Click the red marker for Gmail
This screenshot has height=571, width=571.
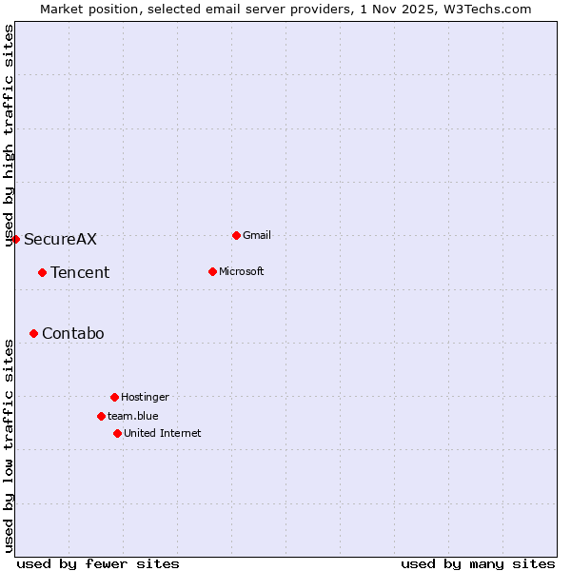pyautogui.click(x=236, y=235)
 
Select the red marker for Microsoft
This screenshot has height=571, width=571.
pyautogui.click(x=212, y=271)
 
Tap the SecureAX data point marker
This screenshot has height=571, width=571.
pyautogui.click(x=15, y=239)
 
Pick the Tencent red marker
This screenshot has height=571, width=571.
pyautogui.click(x=42, y=272)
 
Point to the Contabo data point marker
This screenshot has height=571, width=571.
pyautogui.click(x=33, y=333)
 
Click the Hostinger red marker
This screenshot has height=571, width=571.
pyautogui.click(x=114, y=397)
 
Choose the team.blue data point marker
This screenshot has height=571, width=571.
pyautogui.click(x=101, y=416)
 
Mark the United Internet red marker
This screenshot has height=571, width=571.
pyautogui.click(x=117, y=433)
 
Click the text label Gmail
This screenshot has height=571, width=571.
pyautogui.click(x=257, y=235)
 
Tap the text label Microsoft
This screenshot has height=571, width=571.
pyautogui.click(x=242, y=271)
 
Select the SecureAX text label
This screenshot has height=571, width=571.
pyautogui.click(x=60, y=239)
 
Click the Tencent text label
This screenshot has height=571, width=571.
pyautogui.click(x=80, y=272)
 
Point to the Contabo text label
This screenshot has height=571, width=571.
pyautogui.click(x=73, y=333)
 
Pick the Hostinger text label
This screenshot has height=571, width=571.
pyautogui.click(x=145, y=397)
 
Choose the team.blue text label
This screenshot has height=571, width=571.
pyautogui.click(x=133, y=416)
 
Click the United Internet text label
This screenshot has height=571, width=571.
pyautogui.click(x=163, y=433)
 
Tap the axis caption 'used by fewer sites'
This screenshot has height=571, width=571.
pyautogui.click(x=98, y=563)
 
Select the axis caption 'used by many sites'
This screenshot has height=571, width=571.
pyautogui.click(x=478, y=563)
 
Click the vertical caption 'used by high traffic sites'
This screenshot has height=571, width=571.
pyautogui.click(x=9, y=135)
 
